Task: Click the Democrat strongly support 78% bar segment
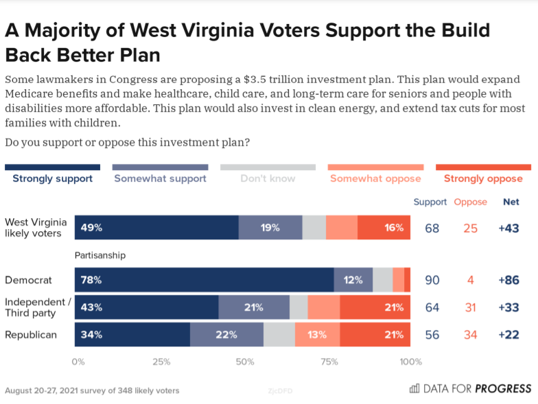[204, 280]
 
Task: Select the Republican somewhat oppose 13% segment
[317, 335]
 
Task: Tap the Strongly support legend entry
[53, 178]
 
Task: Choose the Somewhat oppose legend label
[375, 178]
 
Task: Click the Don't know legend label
[268, 178]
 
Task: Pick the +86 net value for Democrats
[508, 280]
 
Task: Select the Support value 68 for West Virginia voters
[432, 228]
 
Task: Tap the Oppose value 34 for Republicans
[470, 335]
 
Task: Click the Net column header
[511, 202]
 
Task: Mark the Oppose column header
[471, 202]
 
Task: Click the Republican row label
[31, 335]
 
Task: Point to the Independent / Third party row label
[38, 307]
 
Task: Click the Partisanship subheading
[100, 255]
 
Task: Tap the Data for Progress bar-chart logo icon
[414, 388]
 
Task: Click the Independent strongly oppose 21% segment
[375, 307]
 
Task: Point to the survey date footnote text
[92, 390]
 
